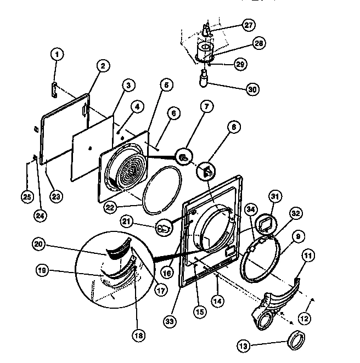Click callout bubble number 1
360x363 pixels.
57,54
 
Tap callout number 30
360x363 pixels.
252,89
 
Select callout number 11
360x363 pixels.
308,256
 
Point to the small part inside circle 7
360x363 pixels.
185,157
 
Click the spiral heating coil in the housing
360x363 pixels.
129,171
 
